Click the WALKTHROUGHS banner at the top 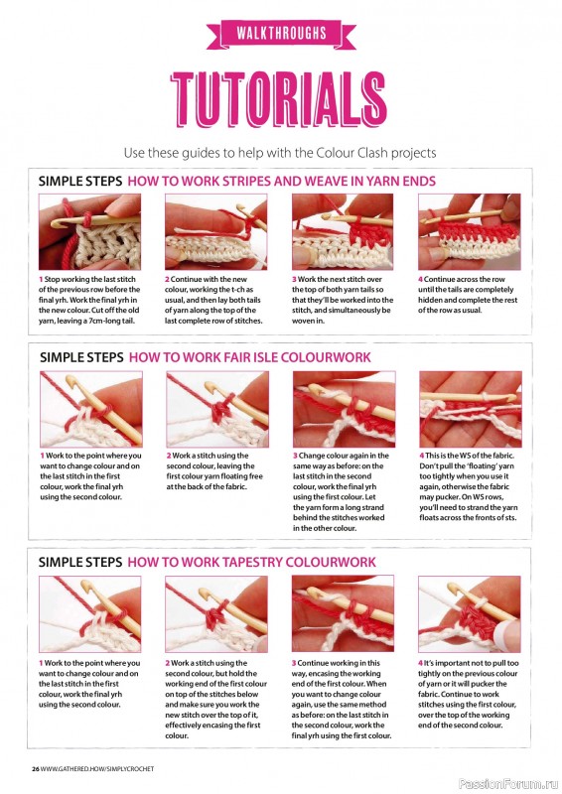point(281,34)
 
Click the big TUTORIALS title point(279,99)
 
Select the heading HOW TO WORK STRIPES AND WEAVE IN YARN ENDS point(281,181)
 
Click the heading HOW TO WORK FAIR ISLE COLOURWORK point(250,357)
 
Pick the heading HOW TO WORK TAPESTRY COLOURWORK point(251,562)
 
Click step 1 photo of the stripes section point(89,232)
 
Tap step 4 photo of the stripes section point(470,232)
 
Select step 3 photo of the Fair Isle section point(345,409)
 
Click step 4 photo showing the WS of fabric point(471,409)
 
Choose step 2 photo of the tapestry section point(215,613)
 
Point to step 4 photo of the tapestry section point(470,613)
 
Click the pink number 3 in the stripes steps point(294,279)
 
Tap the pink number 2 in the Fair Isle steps point(169,456)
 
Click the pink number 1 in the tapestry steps point(41,663)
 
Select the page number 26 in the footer point(36,768)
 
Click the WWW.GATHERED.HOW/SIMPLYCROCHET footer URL point(97,768)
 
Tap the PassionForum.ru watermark point(508,784)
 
